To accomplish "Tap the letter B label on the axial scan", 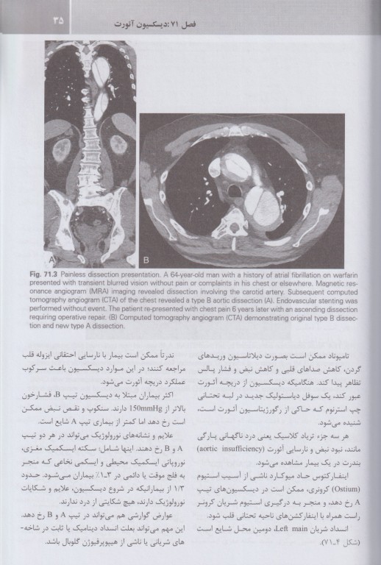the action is tap(146, 260).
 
